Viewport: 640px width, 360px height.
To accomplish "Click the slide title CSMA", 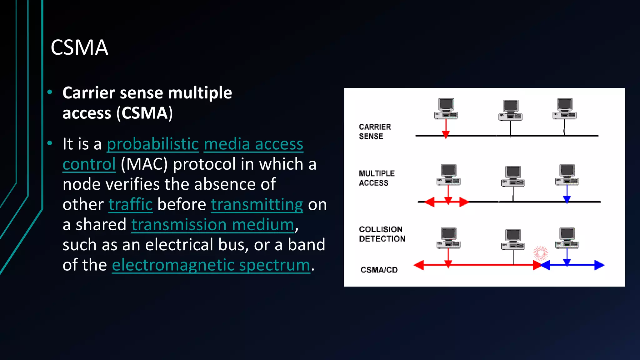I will coord(79,48).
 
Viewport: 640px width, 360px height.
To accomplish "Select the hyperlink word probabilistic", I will coord(153,144).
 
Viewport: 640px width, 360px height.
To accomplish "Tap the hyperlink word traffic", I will coord(131,205).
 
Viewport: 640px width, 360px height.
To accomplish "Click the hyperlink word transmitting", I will coord(257,205).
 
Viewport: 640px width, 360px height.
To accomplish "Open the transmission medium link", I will coord(213,225).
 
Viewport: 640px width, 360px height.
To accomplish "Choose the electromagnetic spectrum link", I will coord(211,265).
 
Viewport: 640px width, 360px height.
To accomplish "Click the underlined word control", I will coord(89,164).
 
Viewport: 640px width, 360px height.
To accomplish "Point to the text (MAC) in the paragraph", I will coord(144,164).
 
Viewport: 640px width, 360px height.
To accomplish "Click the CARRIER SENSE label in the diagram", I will coord(375,132).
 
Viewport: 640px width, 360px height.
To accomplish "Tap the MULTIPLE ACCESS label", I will coord(377,178).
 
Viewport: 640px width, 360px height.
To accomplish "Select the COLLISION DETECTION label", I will coord(382,234).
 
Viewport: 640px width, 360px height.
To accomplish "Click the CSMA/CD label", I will coord(379,270).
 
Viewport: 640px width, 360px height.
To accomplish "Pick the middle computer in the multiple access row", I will coord(513,177).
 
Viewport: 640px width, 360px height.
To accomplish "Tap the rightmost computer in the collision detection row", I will coord(567,238).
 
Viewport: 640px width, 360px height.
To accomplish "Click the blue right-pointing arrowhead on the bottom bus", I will coord(599,265).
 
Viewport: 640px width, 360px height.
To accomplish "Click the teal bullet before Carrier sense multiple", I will coord(50,92).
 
